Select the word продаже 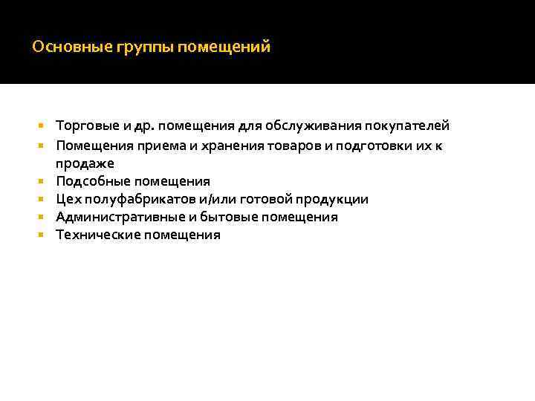pyautogui.click(x=85, y=163)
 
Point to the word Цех pyautogui.click(x=68, y=199)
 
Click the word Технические pyautogui.click(x=97, y=235)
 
